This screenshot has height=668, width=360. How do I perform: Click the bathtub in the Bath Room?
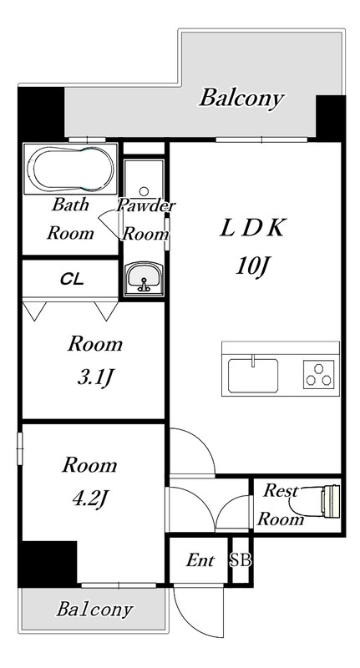70,170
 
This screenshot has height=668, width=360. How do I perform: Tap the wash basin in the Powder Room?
144,279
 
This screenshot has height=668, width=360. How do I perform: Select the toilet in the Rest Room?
315,501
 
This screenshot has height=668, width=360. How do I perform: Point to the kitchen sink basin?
253,375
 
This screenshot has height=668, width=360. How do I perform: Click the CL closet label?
72,280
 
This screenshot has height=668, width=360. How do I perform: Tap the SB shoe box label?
241,560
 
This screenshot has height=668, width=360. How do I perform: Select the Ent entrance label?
200,560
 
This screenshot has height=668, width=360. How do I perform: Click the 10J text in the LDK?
253,267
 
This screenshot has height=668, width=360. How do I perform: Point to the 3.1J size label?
94,377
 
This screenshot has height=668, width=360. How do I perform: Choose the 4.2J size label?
89,497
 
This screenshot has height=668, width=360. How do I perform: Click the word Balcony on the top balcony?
241,98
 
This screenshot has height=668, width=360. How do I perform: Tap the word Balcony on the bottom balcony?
94,610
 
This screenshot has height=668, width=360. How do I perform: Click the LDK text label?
251,229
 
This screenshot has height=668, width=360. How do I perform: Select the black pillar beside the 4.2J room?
48,564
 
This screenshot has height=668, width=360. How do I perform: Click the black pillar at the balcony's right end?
330,117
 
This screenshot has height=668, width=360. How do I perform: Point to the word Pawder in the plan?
146,205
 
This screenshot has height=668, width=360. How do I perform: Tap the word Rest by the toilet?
280,491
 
